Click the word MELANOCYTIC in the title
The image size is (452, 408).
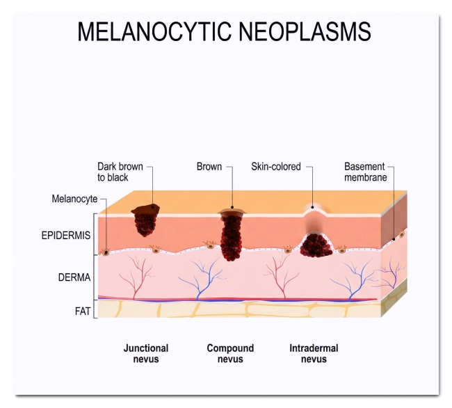point(154,31)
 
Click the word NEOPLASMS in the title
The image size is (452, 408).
point(305,31)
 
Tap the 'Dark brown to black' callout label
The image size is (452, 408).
point(120,172)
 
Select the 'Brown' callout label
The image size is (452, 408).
point(209,167)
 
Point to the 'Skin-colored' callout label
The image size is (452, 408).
point(276,167)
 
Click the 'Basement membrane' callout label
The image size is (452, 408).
point(366,172)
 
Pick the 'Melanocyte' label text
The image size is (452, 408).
point(74,199)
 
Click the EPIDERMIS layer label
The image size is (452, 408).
point(66,236)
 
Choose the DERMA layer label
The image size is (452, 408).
point(74,277)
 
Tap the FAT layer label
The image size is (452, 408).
point(83,311)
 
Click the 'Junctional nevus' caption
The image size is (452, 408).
point(146,354)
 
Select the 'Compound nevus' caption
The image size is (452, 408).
point(230,354)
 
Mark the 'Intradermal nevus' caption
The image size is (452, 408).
point(314,354)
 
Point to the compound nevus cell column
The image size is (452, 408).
point(232,238)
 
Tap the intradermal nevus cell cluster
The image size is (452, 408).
point(316,245)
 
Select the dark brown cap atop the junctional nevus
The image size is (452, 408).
point(145,209)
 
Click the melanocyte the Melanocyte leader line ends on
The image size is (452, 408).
point(106,252)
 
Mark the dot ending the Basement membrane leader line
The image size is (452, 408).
point(394,239)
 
